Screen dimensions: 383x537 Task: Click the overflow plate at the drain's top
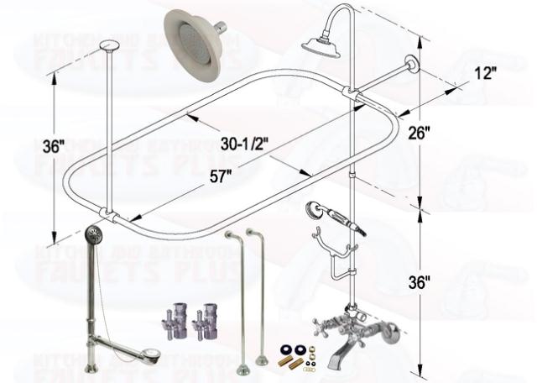coord(94,232)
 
